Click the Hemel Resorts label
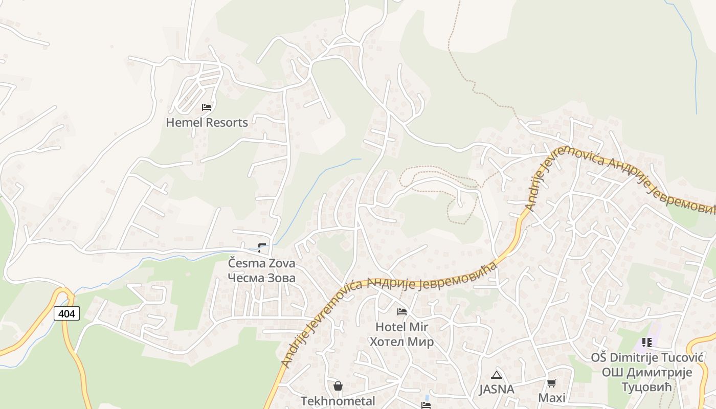click(x=207, y=123)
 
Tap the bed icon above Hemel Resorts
click(x=207, y=107)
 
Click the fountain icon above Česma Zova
click(x=262, y=248)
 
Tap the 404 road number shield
click(x=66, y=313)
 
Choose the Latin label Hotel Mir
click(x=401, y=327)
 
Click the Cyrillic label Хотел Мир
click(x=401, y=342)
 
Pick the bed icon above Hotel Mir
click(x=402, y=311)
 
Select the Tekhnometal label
click(x=338, y=401)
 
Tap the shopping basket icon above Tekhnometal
click(x=338, y=385)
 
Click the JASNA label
click(x=496, y=389)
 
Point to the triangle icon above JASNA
click(x=496, y=375)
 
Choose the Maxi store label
click(x=551, y=398)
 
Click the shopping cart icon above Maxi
click(x=551, y=383)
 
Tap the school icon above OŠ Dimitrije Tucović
click(x=647, y=342)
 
